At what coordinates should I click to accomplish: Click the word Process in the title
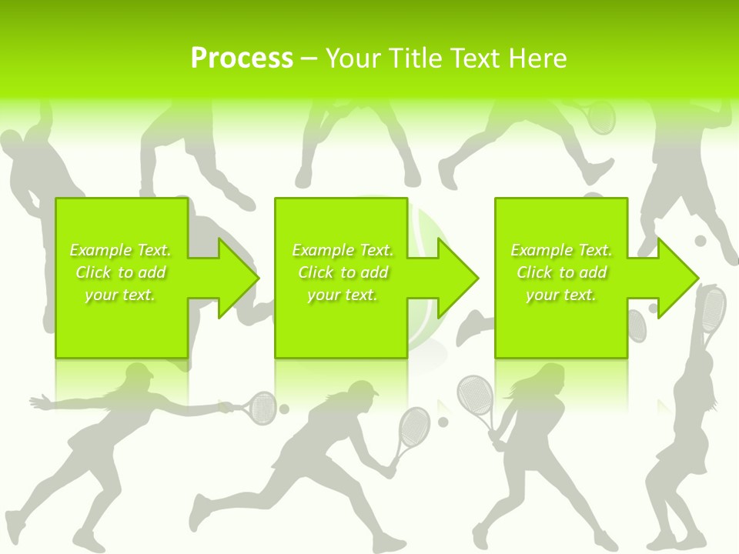(242, 58)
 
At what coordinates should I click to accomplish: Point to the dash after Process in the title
(309, 59)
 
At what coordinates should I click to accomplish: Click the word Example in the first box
(99, 250)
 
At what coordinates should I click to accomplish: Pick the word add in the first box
(152, 272)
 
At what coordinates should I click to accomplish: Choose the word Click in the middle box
(316, 272)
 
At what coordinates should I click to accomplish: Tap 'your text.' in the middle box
(342, 295)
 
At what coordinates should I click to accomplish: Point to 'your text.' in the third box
(560, 295)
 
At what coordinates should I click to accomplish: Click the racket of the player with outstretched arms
(262, 406)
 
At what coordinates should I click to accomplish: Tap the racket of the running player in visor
(414, 427)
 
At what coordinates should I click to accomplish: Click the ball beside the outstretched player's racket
(284, 409)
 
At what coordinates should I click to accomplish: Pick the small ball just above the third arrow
(701, 241)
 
